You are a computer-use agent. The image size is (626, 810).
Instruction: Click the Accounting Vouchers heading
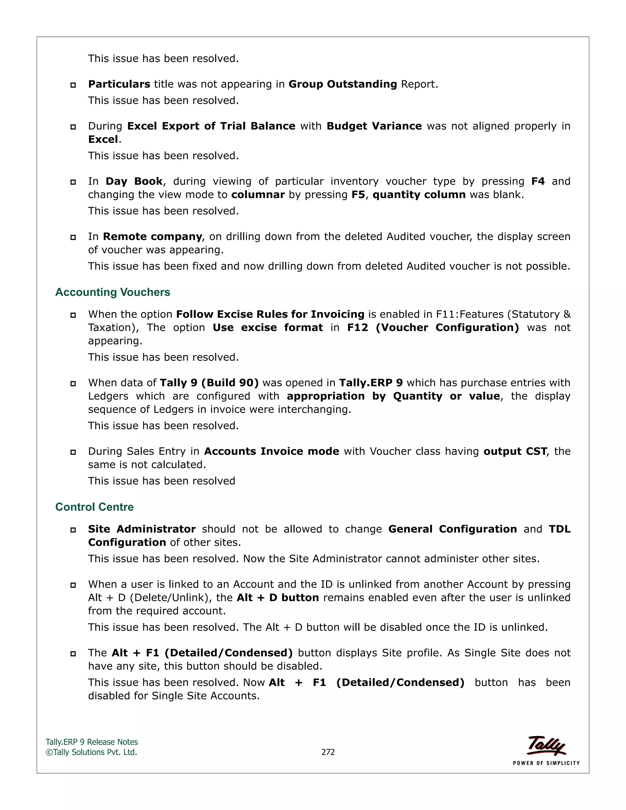[x=112, y=292]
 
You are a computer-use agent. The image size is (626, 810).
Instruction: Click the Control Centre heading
[x=94, y=507]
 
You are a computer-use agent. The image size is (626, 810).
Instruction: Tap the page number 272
[x=328, y=752]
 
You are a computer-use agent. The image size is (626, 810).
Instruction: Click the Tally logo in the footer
[x=546, y=746]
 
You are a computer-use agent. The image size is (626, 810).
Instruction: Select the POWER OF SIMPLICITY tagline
[x=546, y=763]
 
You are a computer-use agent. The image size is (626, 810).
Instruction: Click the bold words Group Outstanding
[x=343, y=84]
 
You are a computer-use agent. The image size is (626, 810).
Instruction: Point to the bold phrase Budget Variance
[x=374, y=126]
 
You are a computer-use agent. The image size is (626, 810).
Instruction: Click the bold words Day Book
[x=134, y=181]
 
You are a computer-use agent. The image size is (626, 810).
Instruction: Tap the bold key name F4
[x=538, y=181]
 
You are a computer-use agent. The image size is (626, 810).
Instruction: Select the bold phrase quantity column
[x=419, y=195]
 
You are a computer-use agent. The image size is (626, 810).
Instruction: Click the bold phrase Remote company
[x=153, y=237]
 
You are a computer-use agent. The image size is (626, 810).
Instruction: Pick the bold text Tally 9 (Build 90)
[x=209, y=383]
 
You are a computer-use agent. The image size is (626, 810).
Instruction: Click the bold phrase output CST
[x=515, y=451]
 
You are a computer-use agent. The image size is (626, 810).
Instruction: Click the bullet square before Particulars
[x=73, y=85]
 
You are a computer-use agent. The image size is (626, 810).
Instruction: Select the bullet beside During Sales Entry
[x=73, y=452]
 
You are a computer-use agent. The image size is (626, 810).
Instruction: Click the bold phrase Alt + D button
[x=278, y=598]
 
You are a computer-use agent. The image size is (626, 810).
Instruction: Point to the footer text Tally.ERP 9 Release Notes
[x=92, y=742]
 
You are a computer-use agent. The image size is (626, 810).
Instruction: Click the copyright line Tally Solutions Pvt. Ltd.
[x=92, y=752]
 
